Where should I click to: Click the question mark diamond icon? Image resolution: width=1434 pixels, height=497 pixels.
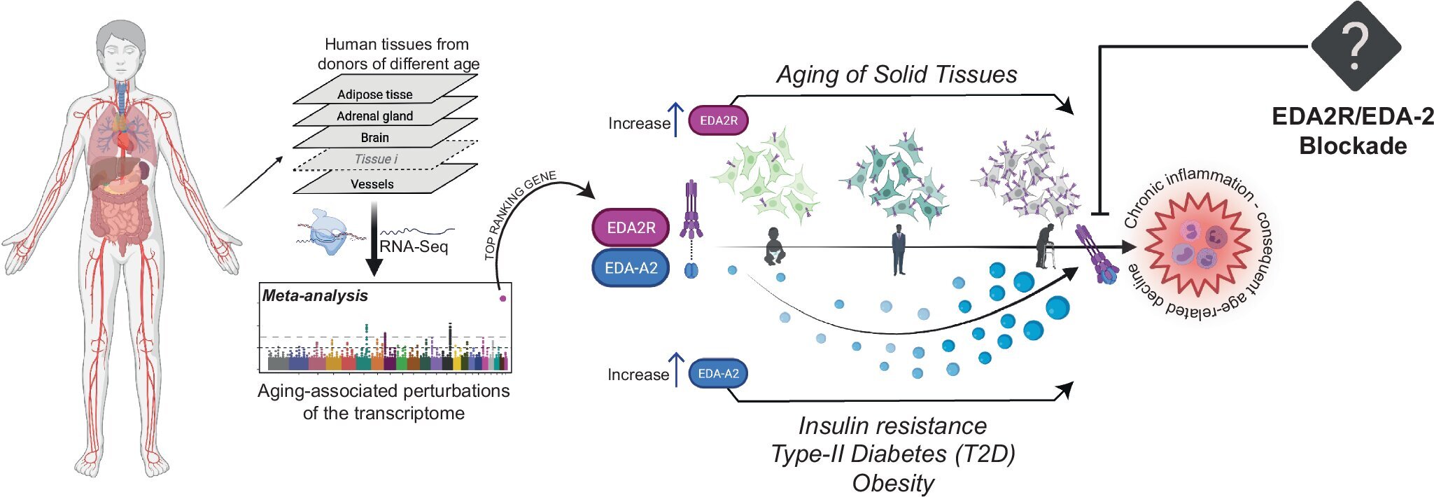click(x=1355, y=45)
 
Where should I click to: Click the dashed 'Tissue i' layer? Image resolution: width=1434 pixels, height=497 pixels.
click(x=376, y=159)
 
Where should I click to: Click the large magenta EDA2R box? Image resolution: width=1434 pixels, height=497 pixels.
click(x=631, y=227)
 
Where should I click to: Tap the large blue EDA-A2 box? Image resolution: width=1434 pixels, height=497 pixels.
click(x=631, y=268)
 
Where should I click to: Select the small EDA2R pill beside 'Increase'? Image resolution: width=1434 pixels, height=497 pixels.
click(x=718, y=120)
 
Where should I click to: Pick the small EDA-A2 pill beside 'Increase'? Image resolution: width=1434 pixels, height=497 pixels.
click(x=718, y=374)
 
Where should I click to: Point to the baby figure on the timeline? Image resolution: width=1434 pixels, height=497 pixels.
click(x=774, y=246)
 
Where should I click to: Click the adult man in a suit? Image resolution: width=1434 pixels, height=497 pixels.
click(x=899, y=249)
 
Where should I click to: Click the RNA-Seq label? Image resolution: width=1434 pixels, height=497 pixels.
click(x=413, y=246)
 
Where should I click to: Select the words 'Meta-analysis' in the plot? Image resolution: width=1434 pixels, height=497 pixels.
click(x=315, y=295)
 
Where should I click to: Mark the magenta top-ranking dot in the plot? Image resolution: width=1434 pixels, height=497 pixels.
click(x=502, y=298)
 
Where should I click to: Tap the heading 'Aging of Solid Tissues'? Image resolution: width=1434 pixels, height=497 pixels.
click(x=897, y=74)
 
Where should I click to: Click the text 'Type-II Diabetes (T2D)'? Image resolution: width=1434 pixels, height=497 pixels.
click(x=892, y=454)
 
